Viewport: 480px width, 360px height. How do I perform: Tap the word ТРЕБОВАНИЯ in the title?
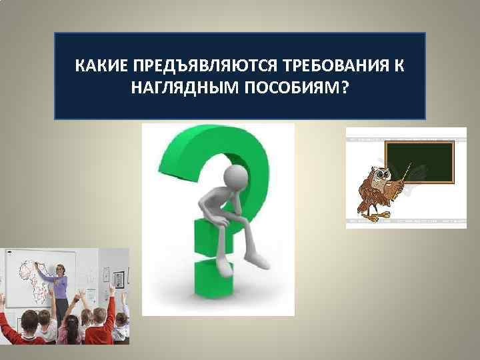(x=335, y=68)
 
